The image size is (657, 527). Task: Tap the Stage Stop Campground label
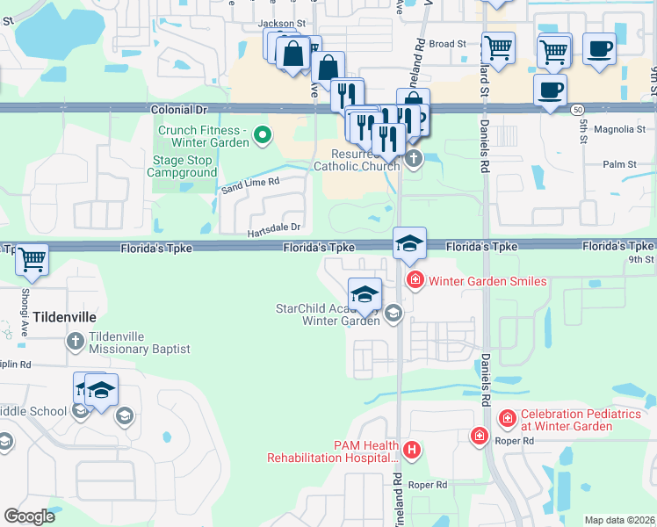[x=184, y=167]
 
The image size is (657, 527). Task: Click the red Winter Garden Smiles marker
[x=414, y=281]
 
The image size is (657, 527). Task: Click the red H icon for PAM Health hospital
[x=412, y=451]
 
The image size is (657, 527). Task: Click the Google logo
[x=29, y=516]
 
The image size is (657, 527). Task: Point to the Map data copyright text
[x=620, y=520]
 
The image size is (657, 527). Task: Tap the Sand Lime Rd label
[x=250, y=183]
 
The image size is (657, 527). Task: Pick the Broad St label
[x=448, y=44]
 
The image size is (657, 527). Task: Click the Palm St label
[x=619, y=164]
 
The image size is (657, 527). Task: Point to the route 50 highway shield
[x=576, y=109]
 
